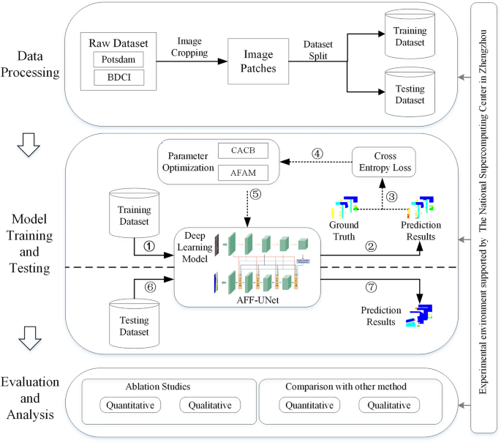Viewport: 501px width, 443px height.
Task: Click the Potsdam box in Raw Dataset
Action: pos(118,59)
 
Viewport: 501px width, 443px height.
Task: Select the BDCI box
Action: pos(119,78)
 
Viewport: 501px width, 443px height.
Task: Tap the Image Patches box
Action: pos(258,61)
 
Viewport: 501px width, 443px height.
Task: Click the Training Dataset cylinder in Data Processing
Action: pos(410,34)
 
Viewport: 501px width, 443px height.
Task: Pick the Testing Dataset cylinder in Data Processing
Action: pos(410,92)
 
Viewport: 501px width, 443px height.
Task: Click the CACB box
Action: pos(243,150)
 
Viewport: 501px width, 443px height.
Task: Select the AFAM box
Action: pos(243,173)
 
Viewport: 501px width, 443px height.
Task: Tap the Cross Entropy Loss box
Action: pos(384,162)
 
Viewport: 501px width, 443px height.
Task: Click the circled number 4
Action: pos(317,154)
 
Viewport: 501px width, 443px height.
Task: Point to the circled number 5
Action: pos(255,194)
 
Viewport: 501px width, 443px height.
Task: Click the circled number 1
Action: pos(149,246)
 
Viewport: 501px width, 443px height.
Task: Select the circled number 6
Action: pos(151,286)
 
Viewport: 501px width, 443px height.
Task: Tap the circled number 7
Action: pos(371,286)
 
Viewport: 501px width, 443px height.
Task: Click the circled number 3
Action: pos(392,196)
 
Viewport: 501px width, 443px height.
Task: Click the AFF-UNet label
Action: pos(257,300)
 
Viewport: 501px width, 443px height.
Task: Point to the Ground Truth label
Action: pos(344,231)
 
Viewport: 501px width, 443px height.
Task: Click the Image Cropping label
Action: pos(189,47)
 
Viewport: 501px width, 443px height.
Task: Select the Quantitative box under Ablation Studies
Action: pos(130,405)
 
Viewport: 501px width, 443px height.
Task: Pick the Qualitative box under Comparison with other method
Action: pos(389,405)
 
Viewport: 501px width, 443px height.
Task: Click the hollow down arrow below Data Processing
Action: pos(29,144)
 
